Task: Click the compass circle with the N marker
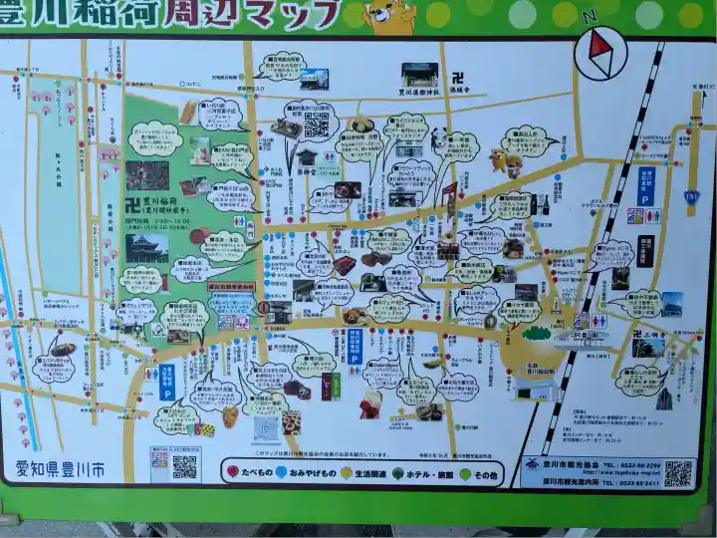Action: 601,52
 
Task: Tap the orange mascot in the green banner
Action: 388,14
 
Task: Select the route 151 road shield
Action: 691,197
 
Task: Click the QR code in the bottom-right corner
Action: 679,473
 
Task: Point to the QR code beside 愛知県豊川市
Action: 184,466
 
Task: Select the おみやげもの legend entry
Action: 310,472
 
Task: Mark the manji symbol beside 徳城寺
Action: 457,77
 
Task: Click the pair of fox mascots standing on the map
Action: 505,159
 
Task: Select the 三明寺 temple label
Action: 649,336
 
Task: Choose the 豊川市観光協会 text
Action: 572,465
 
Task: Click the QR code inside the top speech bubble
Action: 316,125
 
